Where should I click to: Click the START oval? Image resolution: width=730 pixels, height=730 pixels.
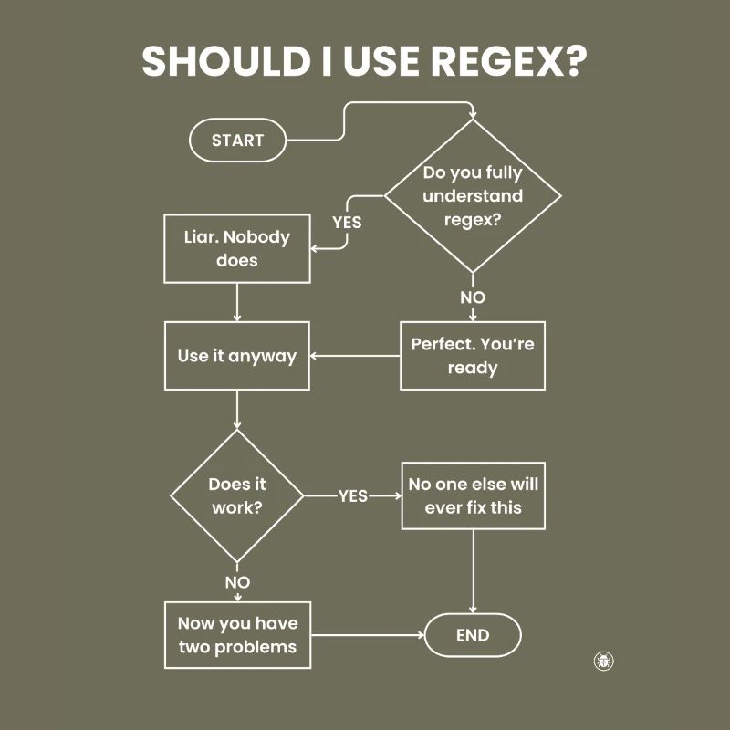(x=237, y=141)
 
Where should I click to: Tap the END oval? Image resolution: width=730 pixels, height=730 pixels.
(x=472, y=636)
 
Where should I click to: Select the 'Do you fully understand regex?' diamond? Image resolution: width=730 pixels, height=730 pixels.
(x=473, y=196)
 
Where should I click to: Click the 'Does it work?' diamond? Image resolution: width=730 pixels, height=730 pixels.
(x=237, y=496)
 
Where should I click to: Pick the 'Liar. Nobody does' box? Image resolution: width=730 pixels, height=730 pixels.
(x=237, y=248)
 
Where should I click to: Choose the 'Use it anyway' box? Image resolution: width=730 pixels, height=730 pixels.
(x=237, y=356)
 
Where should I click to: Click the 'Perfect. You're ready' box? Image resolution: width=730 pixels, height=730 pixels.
(x=473, y=356)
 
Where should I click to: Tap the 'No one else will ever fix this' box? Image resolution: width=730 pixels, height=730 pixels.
(x=473, y=495)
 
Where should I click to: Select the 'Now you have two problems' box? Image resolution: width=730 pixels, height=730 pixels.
(x=237, y=635)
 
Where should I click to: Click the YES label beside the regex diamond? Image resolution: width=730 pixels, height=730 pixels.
(x=347, y=222)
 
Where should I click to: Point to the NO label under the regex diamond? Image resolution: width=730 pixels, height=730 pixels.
(x=473, y=297)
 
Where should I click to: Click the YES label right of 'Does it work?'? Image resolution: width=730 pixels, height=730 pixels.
(x=353, y=496)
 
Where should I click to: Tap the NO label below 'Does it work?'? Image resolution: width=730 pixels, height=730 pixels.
(x=237, y=582)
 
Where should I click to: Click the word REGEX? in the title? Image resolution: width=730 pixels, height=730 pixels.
(x=509, y=61)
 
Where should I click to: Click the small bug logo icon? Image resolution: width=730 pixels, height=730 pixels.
(x=603, y=661)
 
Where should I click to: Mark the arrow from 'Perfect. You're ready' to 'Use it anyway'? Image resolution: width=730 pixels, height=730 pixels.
(x=356, y=356)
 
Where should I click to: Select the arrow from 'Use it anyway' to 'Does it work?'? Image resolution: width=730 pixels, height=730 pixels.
(x=237, y=410)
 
